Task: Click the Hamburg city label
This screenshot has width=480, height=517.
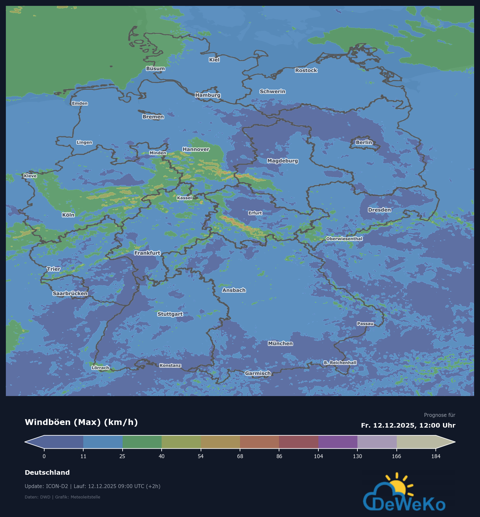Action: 208,95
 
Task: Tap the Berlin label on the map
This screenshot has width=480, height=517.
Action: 364,142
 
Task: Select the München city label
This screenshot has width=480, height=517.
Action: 280,343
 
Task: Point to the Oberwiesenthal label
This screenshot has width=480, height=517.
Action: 344,239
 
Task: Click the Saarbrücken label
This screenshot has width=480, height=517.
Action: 70,293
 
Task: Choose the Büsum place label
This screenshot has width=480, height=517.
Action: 155,68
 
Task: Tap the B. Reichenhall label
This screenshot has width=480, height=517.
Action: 340,363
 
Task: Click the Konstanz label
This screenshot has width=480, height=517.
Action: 170,365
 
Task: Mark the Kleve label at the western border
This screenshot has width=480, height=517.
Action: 30,176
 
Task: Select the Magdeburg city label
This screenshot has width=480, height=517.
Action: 282,161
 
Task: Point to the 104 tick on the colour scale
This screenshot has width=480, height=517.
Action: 318,456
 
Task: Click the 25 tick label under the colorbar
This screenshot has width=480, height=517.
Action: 122,456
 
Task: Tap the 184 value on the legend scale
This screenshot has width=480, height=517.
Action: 435,456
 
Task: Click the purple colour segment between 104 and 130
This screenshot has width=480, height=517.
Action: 338,442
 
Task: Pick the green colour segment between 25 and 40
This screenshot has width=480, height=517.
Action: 142,442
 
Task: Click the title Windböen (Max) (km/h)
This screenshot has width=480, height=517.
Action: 81,422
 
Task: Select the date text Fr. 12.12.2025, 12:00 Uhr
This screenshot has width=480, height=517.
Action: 408,425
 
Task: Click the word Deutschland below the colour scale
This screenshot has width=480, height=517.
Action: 47,472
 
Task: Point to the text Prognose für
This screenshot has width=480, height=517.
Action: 439,415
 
